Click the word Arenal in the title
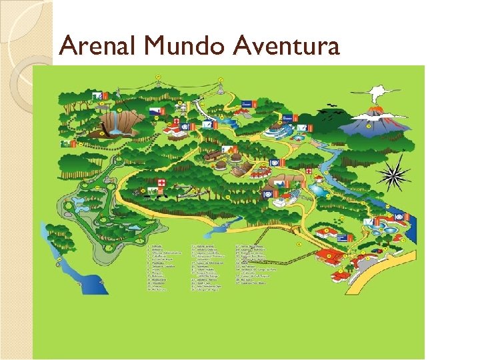point(99,47)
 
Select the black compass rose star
point(393,175)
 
